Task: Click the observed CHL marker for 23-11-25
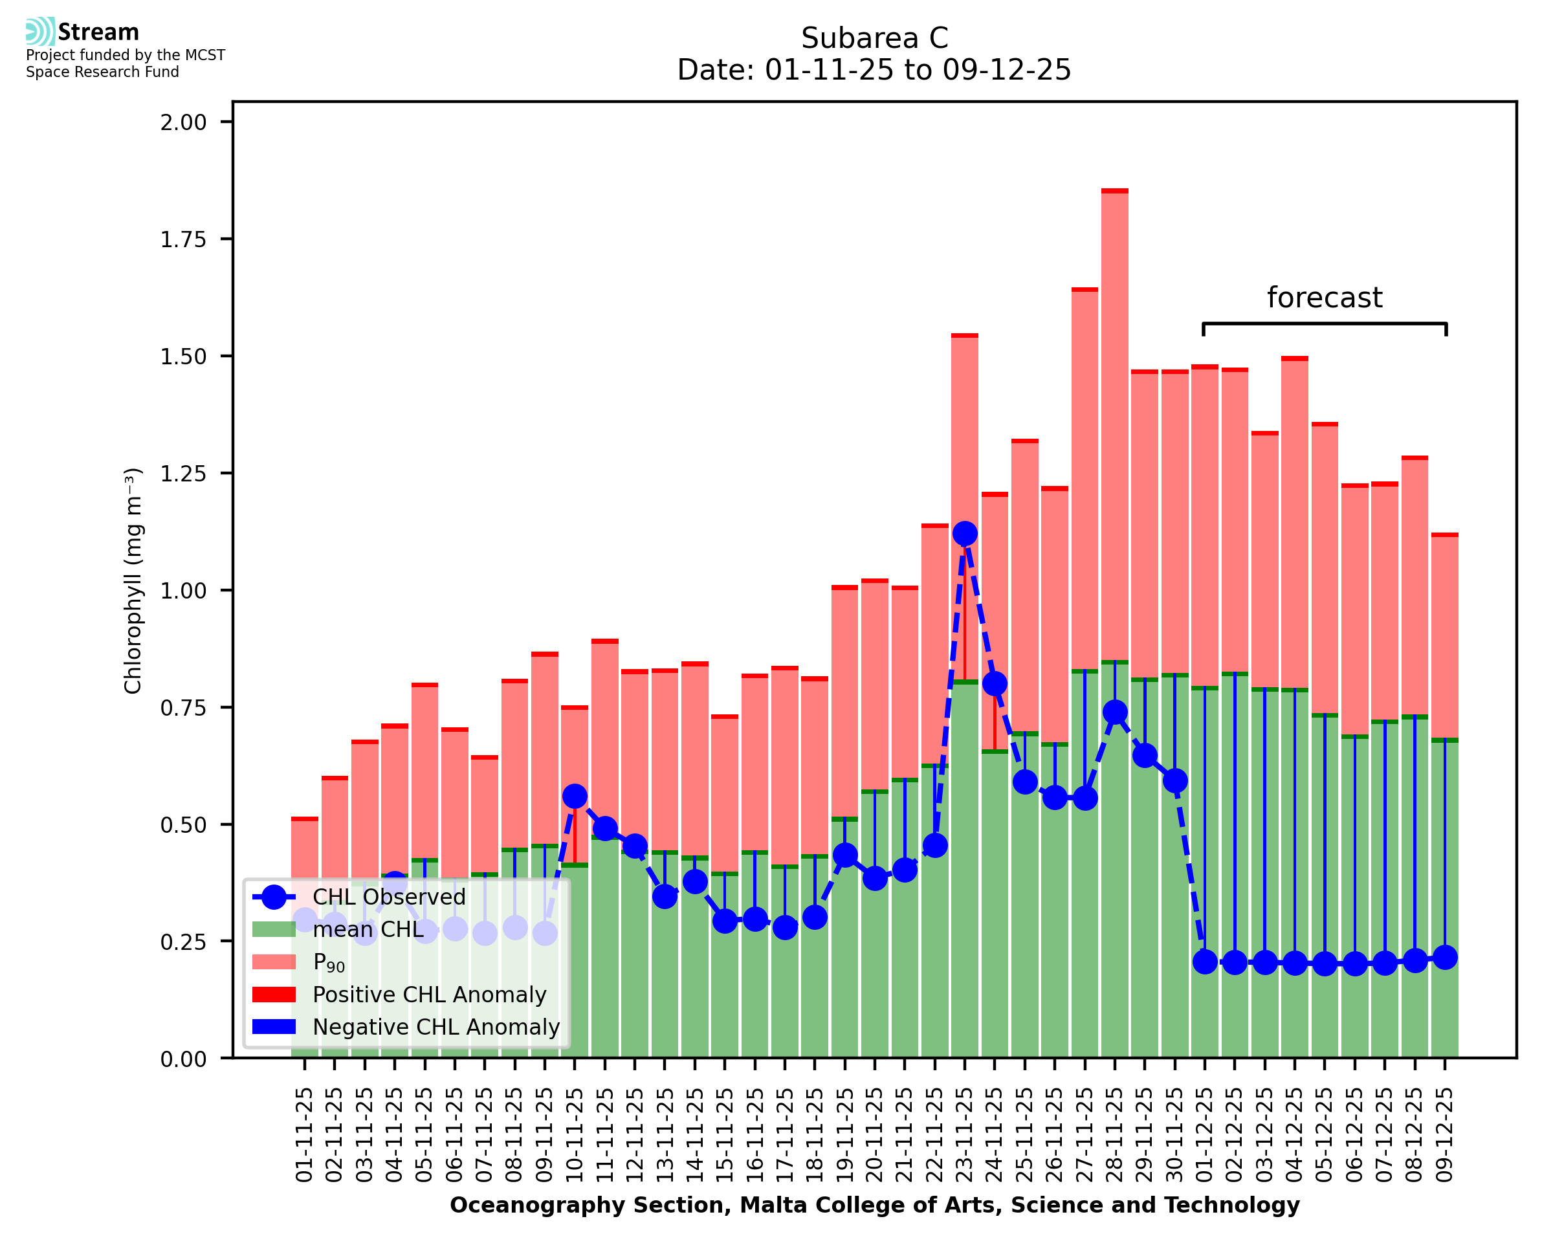point(964,533)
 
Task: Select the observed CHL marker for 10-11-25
point(575,797)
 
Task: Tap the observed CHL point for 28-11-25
point(1115,712)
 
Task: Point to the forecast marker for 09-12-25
point(1445,957)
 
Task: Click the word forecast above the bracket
point(1325,297)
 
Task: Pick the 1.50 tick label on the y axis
point(183,357)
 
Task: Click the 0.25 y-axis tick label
point(183,941)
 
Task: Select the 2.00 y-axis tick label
point(183,122)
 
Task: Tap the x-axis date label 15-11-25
point(725,1135)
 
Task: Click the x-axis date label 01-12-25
point(1205,1135)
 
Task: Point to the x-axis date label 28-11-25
point(1115,1135)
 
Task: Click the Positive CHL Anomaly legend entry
point(429,995)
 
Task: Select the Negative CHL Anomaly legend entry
point(436,1027)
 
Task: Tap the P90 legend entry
point(329,962)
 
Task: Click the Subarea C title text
point(874,38)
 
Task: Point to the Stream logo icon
point(40,32)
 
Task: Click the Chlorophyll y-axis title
point(133,580)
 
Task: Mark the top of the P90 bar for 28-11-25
point(1115,191)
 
